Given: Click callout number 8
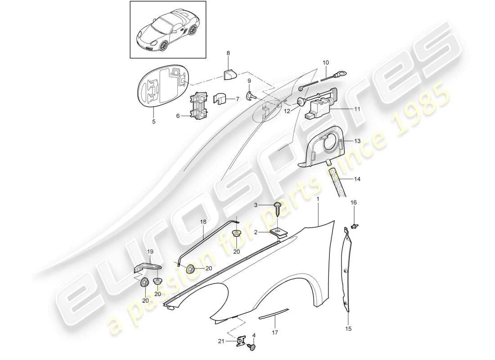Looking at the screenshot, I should tap(228, 53).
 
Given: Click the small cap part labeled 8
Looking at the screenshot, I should tap(230, 73).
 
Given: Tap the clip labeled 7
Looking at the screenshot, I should tap(222, 99).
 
